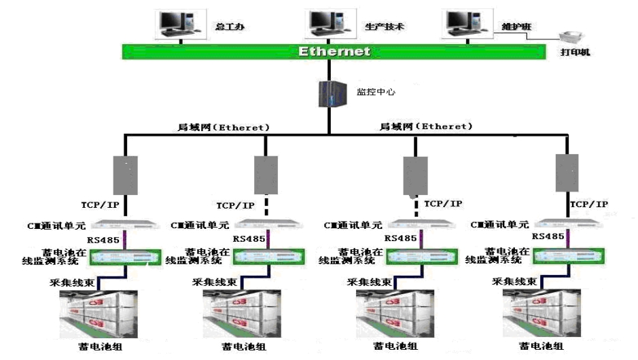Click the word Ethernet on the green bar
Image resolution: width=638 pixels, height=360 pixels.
(334, 52)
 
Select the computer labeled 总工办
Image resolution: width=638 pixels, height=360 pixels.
(179, 23)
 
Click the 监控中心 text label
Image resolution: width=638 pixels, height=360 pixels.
(372, 91)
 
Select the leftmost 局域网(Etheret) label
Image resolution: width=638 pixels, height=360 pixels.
(224, 127)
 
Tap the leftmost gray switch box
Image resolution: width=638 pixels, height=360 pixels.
(125, 175)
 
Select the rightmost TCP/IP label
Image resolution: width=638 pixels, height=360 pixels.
(589, 204)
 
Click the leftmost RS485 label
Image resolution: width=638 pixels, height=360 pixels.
(103, 239)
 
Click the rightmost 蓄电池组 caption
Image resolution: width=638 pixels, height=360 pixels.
(542, 346)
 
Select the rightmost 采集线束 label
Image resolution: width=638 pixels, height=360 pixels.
(516, 281)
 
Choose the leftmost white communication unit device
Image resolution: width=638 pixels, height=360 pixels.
(125, 224)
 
